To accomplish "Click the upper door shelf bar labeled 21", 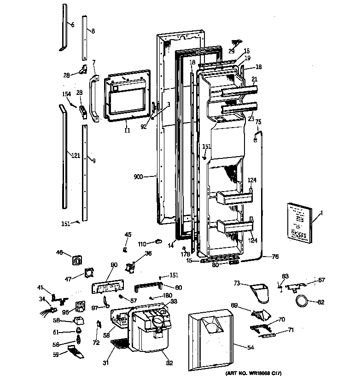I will click(x=238, y=93).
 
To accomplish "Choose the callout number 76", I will click(x=275, y=257).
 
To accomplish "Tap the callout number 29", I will click(x=232, y=51).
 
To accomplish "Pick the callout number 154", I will click(x=67, y=94).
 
